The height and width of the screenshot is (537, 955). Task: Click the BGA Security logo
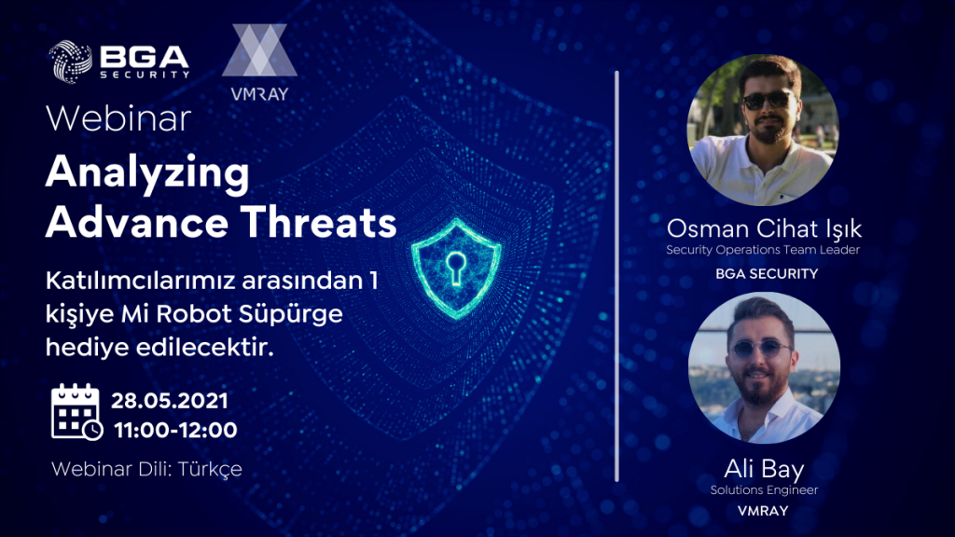118,61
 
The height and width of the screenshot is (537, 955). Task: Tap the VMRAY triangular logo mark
259,50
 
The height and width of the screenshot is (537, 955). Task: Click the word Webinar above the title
118,118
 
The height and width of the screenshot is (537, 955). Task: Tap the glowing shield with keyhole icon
456,268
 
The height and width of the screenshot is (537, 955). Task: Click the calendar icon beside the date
76,411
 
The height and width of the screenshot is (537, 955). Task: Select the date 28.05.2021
170,401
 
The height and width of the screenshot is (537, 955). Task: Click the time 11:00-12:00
175,430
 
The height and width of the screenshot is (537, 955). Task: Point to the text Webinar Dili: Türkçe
146,469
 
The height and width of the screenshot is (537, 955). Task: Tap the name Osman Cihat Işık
764,229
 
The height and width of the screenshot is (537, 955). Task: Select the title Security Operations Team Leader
763,250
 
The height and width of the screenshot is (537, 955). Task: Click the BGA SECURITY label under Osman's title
767,274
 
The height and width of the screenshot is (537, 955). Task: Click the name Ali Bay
764,469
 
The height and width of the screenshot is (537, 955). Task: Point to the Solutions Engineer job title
764,490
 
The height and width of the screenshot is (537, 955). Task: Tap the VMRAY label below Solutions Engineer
763,511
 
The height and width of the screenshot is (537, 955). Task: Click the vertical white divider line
617,276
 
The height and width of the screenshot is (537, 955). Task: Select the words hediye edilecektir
159,348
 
